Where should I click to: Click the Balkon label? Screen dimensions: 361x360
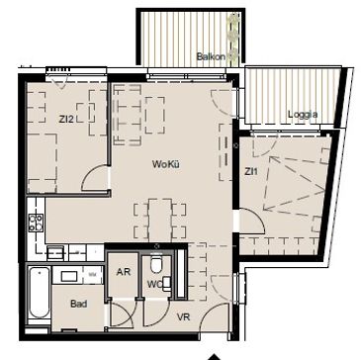(211, 56)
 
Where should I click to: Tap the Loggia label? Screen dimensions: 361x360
(303, 115)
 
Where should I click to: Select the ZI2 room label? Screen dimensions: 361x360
(66, 120)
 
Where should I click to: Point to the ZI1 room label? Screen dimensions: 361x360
(251, 171)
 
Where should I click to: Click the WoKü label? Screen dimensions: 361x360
(165, 164)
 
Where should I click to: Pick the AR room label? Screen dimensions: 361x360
(124, 272)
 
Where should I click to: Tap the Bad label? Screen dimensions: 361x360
(79, 304)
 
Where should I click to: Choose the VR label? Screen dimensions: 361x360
(183, 317)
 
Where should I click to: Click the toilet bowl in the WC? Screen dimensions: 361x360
(156, 264)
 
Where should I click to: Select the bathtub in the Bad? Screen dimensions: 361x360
(39, 293)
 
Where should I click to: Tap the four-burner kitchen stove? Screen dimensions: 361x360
(36, 223)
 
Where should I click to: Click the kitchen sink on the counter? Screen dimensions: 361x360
(55, 253)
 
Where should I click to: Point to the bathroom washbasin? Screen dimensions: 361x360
(69, 276)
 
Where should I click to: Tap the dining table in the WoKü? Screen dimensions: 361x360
(160, 220)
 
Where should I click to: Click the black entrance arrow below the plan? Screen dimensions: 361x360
(215, 357)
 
